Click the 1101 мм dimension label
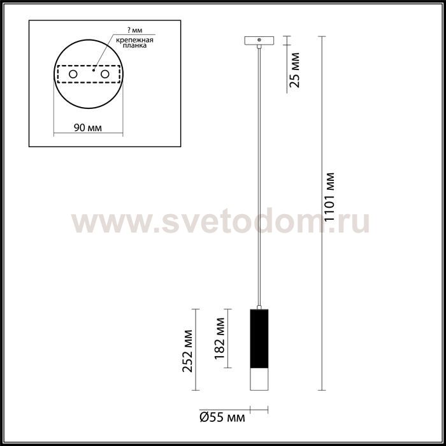tap(330, 197)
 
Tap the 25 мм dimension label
tap(294, 70)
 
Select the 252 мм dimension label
tap(187, 351)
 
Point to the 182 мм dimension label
tap(220, 338)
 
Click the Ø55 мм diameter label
tap(222, 418)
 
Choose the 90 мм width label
tap(88, 127)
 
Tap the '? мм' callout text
tap(135, 30)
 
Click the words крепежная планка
tap(135, 43)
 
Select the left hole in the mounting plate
tap(73, 75)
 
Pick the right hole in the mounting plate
tap(105, 75)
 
